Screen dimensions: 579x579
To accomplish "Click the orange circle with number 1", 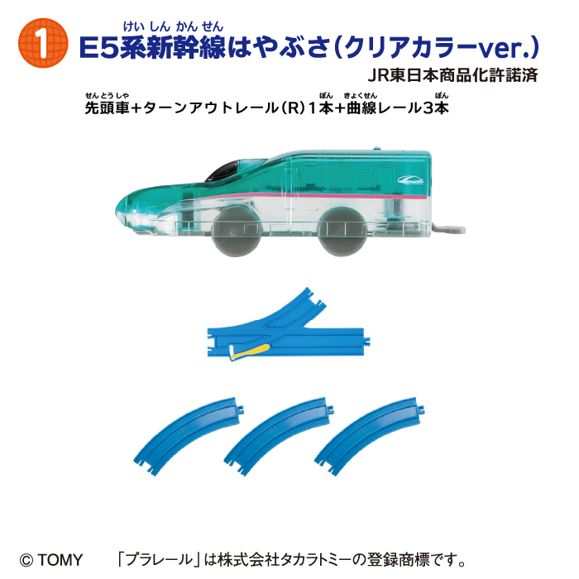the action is tap(43, 43).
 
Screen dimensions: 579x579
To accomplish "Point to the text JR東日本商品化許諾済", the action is tap(452, 75).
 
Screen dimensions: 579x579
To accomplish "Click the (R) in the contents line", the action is tap(292, 108).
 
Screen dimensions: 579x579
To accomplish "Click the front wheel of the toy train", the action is tap(236, 232).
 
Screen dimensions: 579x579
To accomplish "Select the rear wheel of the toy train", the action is tap(342, 232).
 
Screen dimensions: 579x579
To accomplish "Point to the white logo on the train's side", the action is tap(410, 179).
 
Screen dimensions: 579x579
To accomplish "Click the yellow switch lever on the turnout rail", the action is tap(250, 351).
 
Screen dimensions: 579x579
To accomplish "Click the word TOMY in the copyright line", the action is tap(60, 560).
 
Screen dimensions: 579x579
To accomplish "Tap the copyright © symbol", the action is tap(26, 560).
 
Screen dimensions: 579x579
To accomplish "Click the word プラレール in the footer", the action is tap(159, 559).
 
